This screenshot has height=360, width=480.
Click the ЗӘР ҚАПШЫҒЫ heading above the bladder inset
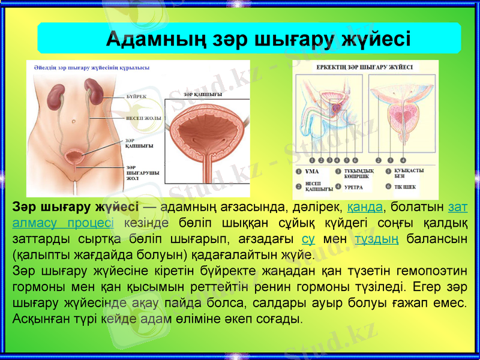[203, 95]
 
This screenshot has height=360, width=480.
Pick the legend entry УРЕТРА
[353, 187]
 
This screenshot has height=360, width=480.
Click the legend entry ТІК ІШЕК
[405, 187]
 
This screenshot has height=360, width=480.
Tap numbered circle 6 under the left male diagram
[355, 160]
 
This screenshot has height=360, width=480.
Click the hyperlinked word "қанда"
[365, 208]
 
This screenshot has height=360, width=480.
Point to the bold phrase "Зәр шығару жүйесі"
[75, 208]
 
